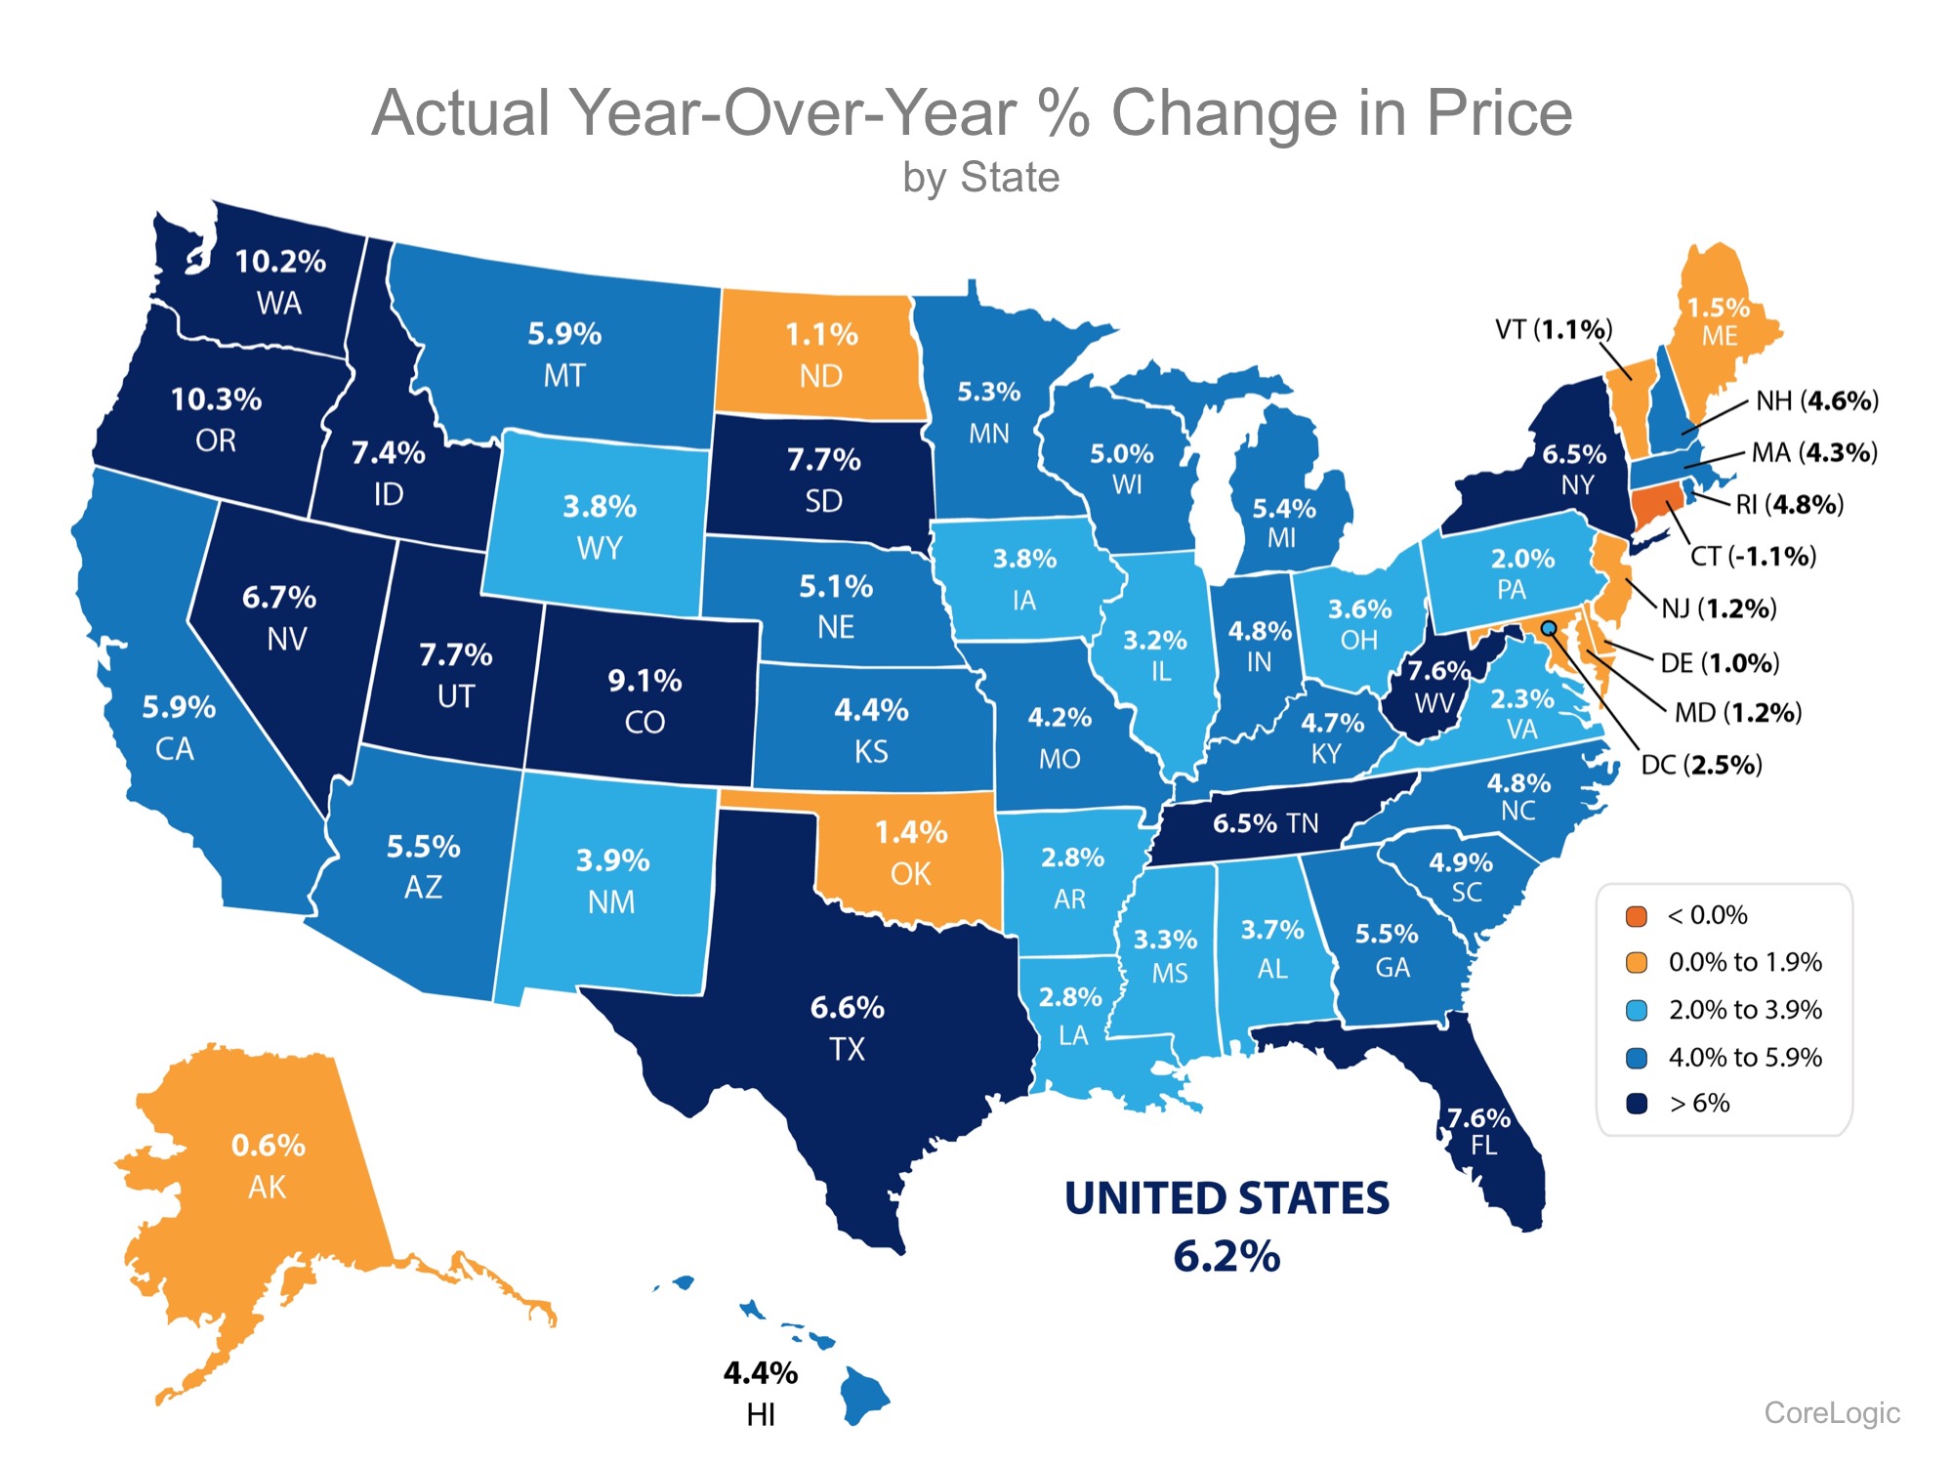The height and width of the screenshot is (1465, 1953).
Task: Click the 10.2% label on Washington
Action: click(280, 262)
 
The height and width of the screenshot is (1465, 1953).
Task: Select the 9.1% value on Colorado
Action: click(644, 681)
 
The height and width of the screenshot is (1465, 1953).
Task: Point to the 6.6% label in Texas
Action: click(847, 1008)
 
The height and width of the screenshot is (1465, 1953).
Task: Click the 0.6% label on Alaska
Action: click(268, 1146)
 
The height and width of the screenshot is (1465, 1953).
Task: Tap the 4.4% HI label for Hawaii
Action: click(760, 1393)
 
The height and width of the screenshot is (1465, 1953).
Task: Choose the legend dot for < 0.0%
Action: click(1637, 916)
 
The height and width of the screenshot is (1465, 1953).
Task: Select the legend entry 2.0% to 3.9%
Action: click(1744, 1010)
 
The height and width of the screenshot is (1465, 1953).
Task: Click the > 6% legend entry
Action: click(1699, 1104)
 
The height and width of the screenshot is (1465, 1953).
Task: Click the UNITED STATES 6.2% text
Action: click(1226, 1227)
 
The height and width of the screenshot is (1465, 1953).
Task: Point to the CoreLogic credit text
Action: click(1831, 1412)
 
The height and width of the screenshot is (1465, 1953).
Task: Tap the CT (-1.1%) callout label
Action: click(1753, 557)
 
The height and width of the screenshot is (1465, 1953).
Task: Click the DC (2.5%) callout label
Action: click(1701, 765)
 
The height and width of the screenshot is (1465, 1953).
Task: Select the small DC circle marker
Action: click(1549, 628)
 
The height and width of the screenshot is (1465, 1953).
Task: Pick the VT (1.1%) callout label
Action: click(1553, 330)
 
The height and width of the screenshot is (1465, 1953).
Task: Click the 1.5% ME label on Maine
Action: click(1719, 321)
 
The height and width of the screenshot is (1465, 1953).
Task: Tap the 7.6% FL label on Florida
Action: click(1479, 1130)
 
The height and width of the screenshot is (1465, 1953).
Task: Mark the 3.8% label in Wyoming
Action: click(599, 507)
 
